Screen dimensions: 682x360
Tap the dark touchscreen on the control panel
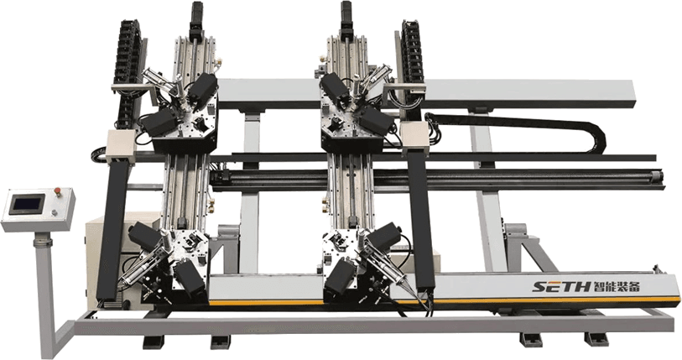[27, 204]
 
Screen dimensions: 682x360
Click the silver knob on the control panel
[54, 213]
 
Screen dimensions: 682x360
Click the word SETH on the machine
[561, 286]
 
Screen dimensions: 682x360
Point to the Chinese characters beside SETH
[616, 286]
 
